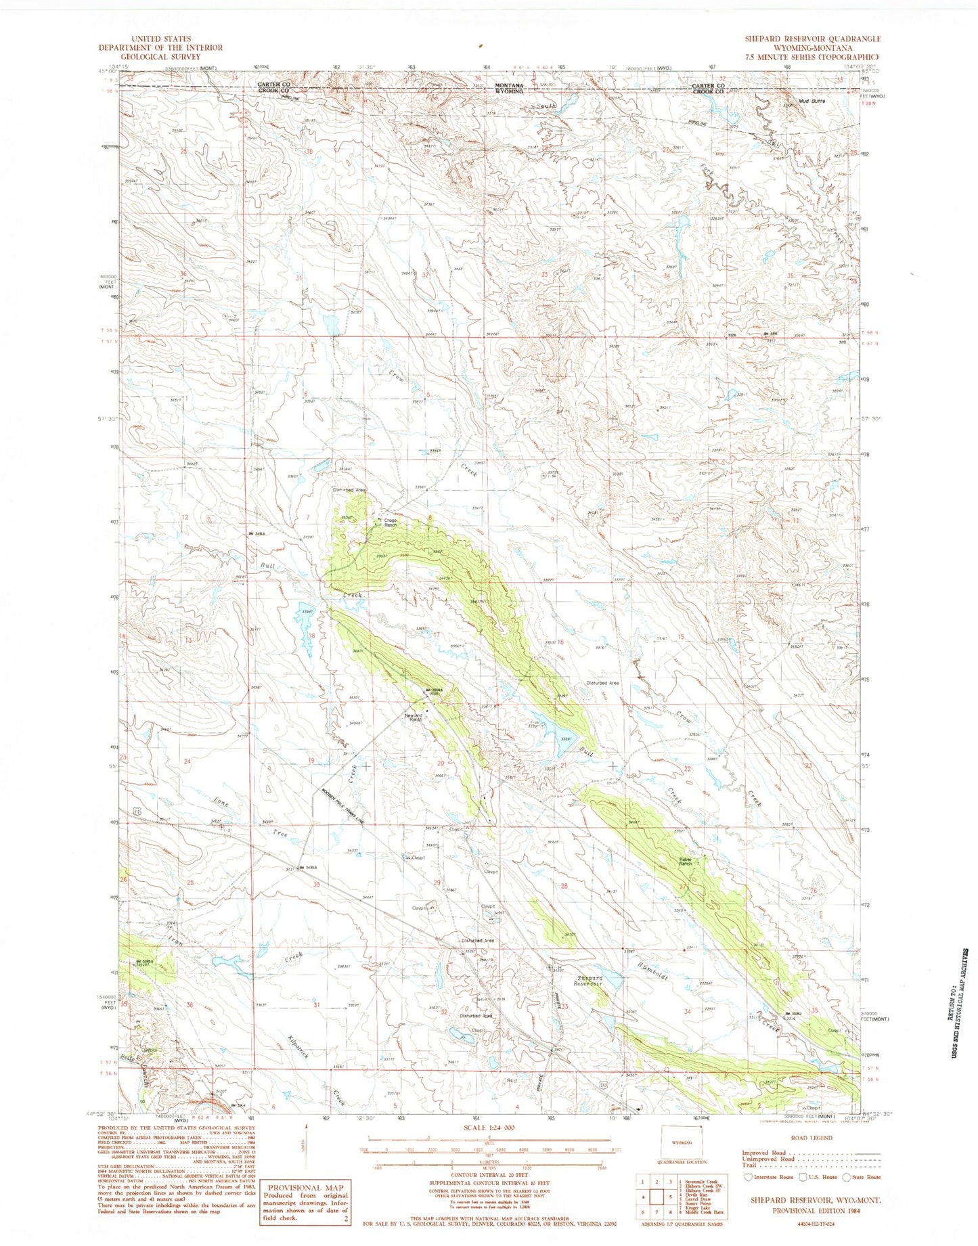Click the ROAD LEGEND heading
tap(812, 1138)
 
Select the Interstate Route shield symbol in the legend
tap(747, 1177)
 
